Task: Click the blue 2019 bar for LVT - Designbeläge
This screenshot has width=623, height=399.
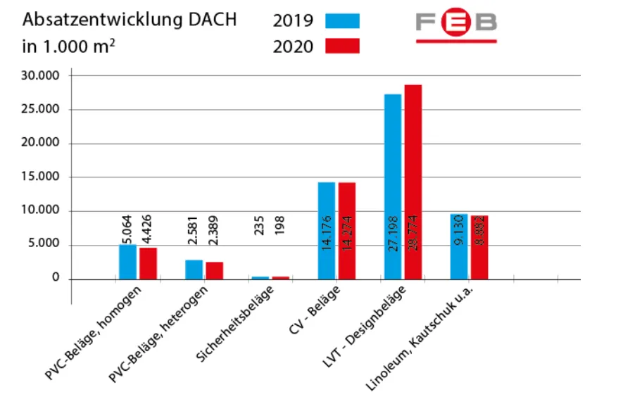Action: click(392, 186)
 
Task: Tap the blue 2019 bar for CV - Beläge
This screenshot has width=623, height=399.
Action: click(327, 231)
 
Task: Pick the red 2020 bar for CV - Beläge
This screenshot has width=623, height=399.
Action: click(347, 231)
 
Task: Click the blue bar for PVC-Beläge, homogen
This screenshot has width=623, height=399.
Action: click(127, 262)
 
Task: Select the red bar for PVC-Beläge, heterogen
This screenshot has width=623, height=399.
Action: click(214, 271)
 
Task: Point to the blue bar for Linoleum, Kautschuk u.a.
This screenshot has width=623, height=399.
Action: click(459, 246)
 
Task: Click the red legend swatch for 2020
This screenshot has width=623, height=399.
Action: click(342, 46)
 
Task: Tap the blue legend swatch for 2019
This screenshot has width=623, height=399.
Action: click(342, 20)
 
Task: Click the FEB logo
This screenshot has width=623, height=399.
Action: click(455, 25)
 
